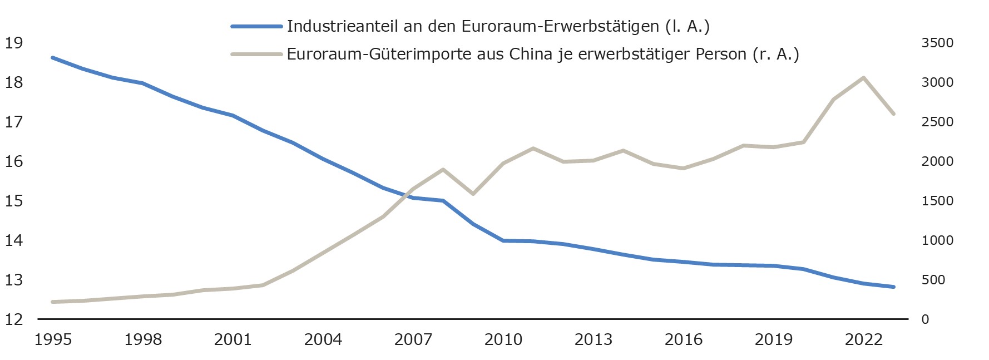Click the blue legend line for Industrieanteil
coord(256,26)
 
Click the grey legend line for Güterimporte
coord(256,54)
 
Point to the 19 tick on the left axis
coord(13,43)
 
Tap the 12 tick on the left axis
coord(13,319)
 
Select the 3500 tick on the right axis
coord(937,43)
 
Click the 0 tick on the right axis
coord(925,319)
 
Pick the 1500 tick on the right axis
coord(937,201)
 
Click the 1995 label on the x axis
coord(53,339)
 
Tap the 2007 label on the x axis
coord(413,339)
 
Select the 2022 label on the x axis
coord(864,339)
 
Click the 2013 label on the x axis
coord(594,339)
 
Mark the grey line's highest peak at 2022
coord(863,78)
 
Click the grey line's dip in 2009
coord(473,194)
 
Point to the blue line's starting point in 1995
coord(53,57)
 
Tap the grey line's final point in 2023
coord(893,114)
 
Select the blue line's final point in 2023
coord(893,287)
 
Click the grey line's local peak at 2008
coord(443,169)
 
